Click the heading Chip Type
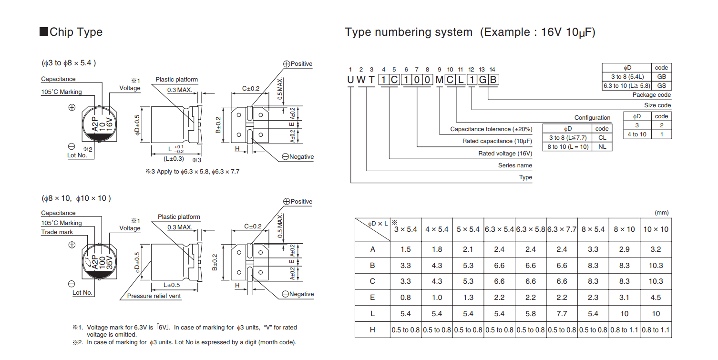point(76,32)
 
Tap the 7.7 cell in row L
point(562,314)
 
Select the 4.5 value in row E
point(656,298)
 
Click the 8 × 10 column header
point(624,229)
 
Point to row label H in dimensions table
point(372,330)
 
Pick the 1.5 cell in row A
point(405,249)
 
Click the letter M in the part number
point(439,80)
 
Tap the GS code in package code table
point(661,86)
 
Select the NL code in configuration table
point(602,147)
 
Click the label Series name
point(515,165)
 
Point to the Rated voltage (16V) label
point(505,154)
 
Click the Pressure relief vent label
point(154,296)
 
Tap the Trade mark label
point(57,232)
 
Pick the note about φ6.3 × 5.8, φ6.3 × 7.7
point(192,172)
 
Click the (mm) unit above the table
point(662,213)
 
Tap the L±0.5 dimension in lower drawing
point(172,285)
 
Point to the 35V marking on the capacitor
point(110,263)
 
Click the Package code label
point(652,95)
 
